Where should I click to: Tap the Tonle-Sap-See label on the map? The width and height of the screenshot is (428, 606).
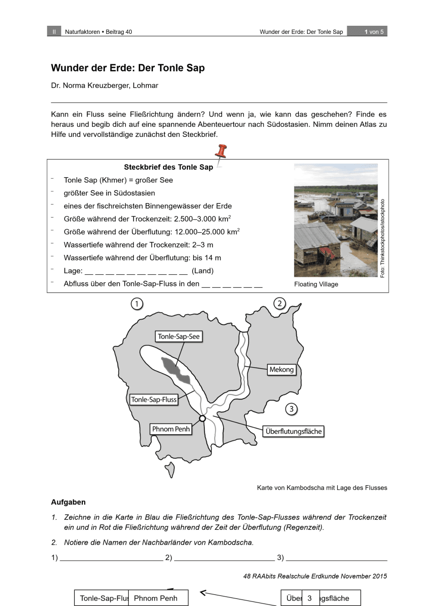pos(179,337)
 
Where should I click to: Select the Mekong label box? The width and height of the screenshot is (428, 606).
pos(281,370)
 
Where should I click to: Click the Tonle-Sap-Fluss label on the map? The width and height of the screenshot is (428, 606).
pos(154,399)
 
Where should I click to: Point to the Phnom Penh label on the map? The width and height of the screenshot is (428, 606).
pos(171,429)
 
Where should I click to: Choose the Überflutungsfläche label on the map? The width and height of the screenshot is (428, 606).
pos(293,431)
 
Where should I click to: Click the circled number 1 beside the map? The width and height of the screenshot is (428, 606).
pos(136,304)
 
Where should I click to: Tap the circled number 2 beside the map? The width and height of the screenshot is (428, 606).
pos(280,304)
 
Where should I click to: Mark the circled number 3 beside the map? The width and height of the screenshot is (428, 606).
pos(291,409)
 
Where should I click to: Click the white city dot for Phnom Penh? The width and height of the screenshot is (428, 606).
pos(202,418)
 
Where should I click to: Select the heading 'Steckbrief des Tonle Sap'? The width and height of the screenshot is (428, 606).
pos(169,168)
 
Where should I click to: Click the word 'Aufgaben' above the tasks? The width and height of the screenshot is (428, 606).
pos(68,502)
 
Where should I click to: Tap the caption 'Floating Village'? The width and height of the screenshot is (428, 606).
pos(316,284)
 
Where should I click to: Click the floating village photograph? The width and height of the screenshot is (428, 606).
pos(336,220)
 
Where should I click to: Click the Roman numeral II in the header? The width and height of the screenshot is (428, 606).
pos(54,32)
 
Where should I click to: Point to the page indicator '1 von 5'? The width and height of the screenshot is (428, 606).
pos(374,32)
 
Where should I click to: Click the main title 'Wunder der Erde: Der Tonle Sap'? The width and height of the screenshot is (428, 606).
pos(128,68)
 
